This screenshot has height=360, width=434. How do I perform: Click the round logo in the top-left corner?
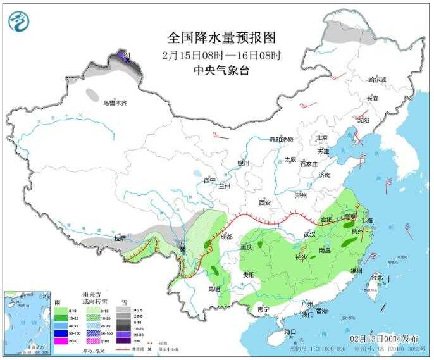[20, 22]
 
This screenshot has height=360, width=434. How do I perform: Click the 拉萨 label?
[120, 239]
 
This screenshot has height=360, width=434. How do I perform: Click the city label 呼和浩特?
[282, 139]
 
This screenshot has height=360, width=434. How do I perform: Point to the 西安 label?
[264, 202]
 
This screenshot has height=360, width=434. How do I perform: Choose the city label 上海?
[366, 220]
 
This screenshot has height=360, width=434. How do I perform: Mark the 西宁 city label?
[210, 180]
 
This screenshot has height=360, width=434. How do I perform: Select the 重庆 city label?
[247, 247]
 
